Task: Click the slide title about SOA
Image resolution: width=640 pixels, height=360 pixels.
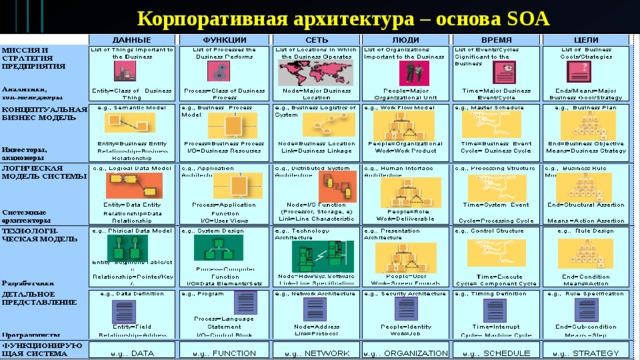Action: (320, 17)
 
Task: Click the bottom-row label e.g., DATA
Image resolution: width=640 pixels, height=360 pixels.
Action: (132, 353)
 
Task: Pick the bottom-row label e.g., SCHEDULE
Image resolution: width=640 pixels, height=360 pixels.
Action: (494, 353)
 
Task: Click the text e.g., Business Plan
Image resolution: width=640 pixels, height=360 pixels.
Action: (590, 107)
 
